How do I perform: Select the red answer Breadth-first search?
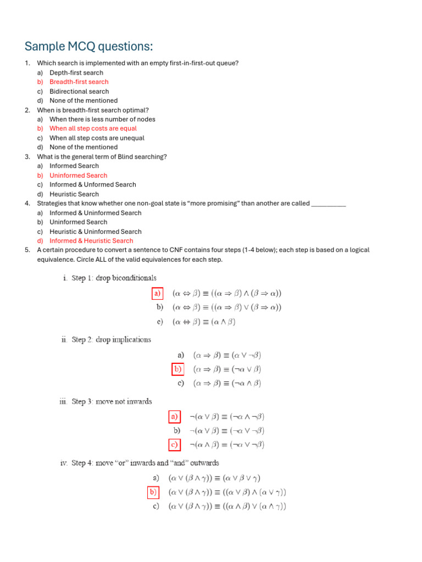click(79, 82)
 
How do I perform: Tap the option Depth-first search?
click(76, 72)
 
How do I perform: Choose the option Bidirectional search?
click(79, 91)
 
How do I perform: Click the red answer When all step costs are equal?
click(93, 128)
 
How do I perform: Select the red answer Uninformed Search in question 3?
click(78, 176)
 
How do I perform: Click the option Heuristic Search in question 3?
click(74, 194)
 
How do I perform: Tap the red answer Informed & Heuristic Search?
click(91, 241)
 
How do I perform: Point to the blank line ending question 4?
click(328, 204)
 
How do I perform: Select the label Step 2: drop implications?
click(111, 340)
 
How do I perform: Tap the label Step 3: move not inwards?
click(112, 402)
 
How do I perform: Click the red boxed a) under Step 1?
click(158, 294)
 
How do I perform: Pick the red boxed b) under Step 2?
click(178, 369)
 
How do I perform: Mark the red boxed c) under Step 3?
click(174, 445)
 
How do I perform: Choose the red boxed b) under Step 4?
click(154, 492)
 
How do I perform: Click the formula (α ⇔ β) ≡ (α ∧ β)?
click(204, 322)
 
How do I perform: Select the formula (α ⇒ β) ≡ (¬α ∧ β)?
click(226, 384)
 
